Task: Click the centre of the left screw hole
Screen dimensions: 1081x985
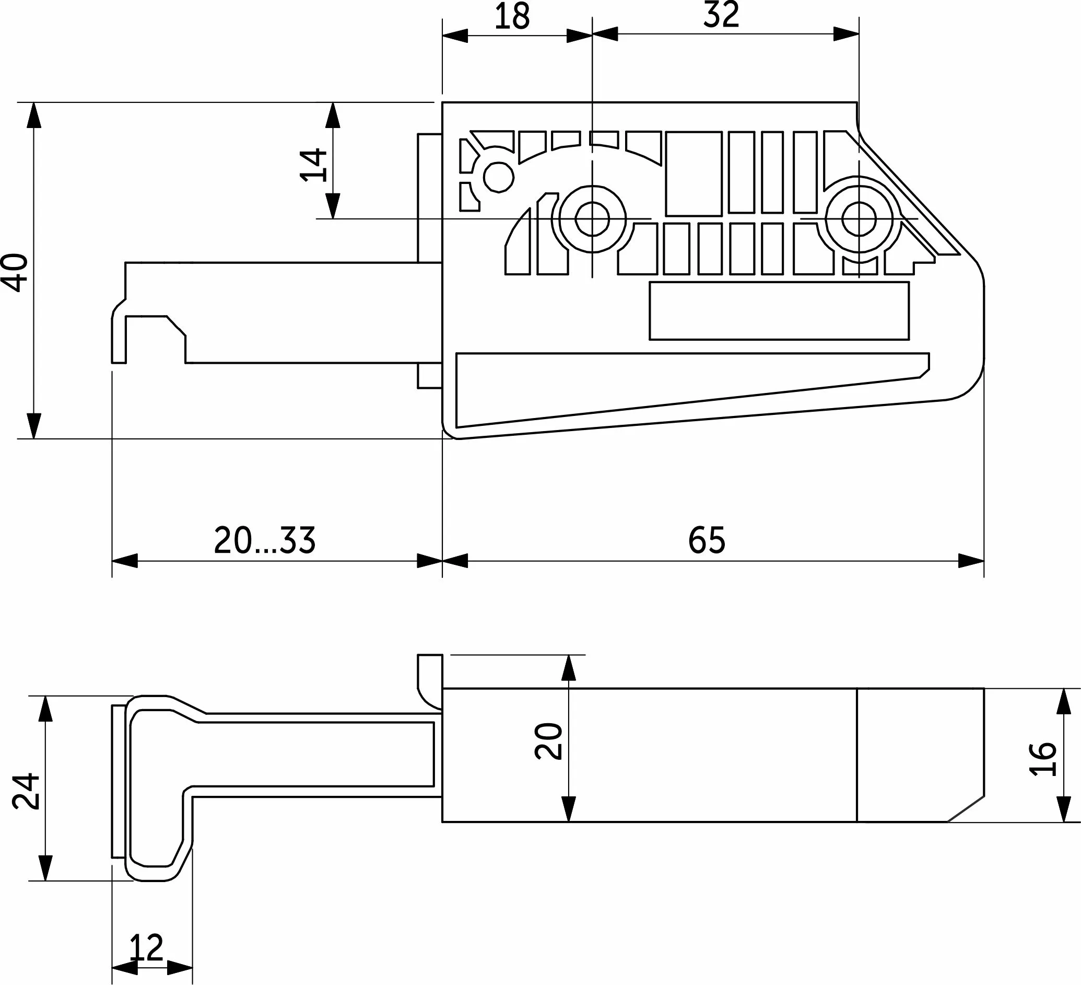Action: [x=592, y=219]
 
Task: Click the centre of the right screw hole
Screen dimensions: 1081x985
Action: [x=859, y=219]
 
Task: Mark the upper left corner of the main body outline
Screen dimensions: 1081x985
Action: [x=442, y=102]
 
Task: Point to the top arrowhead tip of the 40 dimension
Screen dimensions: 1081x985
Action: [x=34, y=102]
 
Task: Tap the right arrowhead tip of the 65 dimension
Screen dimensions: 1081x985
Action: [x=984, y=561]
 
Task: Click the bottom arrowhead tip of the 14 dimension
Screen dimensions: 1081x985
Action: [x=333, y=218]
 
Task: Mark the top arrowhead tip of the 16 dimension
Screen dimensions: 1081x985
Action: [x=1064, y=689]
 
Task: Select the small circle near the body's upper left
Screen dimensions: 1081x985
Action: [x=499, y=177]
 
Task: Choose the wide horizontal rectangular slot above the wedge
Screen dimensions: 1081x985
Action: [x=779, y=310]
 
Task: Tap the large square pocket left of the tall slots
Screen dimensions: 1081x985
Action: [x=694, y=173]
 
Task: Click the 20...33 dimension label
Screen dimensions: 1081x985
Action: [x=265, y=540]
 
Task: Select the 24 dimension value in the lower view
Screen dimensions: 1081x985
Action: [x=26, y=791]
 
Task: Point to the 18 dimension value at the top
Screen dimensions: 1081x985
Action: [x=512, y=17]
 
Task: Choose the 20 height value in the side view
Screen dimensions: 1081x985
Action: [x=548, y=741]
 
